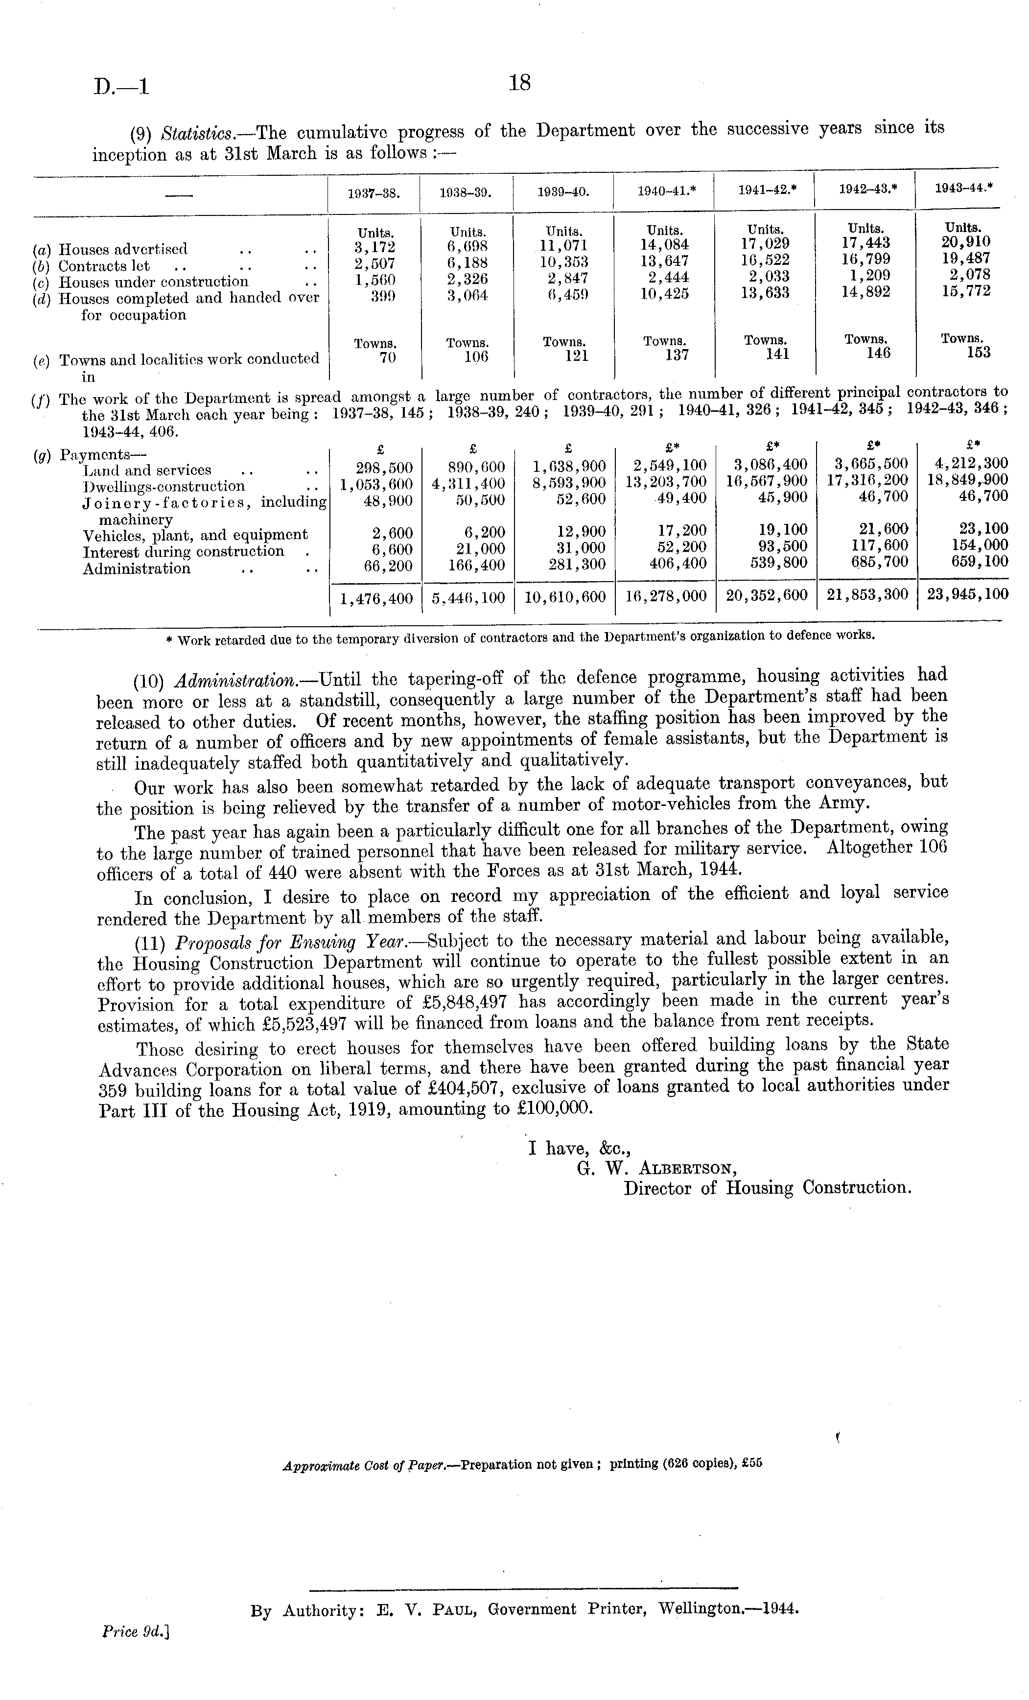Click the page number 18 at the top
pos(519,83)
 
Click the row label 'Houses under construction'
pos(153,282)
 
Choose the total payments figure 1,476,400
pos(376,597)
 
